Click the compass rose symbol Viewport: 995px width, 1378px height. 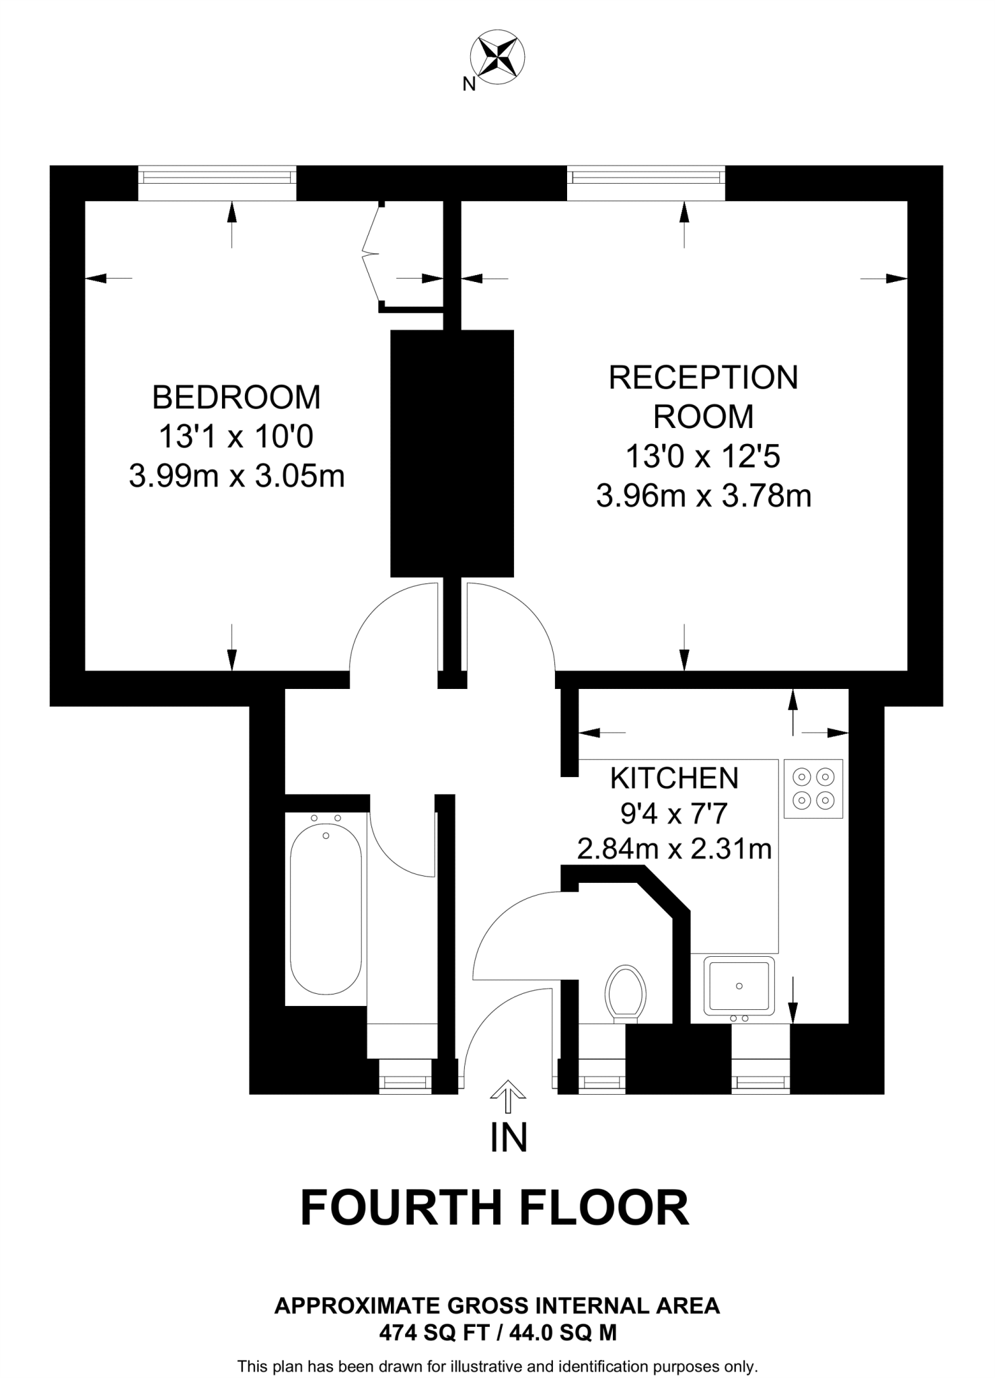(x=497, y=57)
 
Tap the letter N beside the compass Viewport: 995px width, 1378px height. (x=469, y=84)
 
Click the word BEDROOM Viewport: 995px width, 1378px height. (x=236, y=397)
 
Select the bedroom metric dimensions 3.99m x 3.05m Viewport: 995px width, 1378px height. (x=236, y=477)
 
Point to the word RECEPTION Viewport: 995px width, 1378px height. (x=703, y=377)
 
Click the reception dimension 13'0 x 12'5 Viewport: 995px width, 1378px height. (x=703, y=457)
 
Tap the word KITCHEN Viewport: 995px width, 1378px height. (x=674, y=778)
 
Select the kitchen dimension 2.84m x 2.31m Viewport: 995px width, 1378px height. (x=674, y=849)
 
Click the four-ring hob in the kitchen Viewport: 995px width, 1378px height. (x=813, y=789)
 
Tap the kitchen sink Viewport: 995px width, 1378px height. (x=739, y=985)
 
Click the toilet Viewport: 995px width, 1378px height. (x=626, y=992)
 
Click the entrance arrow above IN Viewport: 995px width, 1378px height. (x=508, y=1096)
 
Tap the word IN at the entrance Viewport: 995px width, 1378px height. (x=509, y=1136)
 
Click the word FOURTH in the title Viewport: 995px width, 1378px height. (x=401, y=1208)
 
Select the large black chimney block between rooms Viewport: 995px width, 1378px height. (x=452, y=453)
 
